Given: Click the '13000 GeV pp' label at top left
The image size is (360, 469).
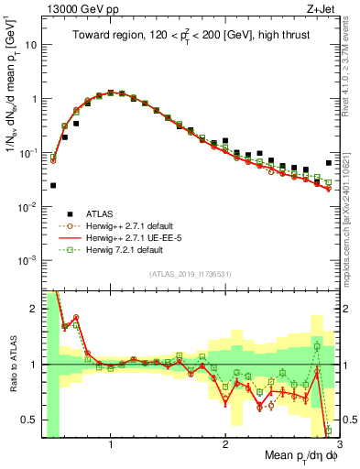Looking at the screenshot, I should tap(76, 10).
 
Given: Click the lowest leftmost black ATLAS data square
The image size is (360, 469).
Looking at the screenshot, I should tap(53, 185).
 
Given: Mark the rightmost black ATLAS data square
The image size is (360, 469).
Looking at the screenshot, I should tap(329, 163).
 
